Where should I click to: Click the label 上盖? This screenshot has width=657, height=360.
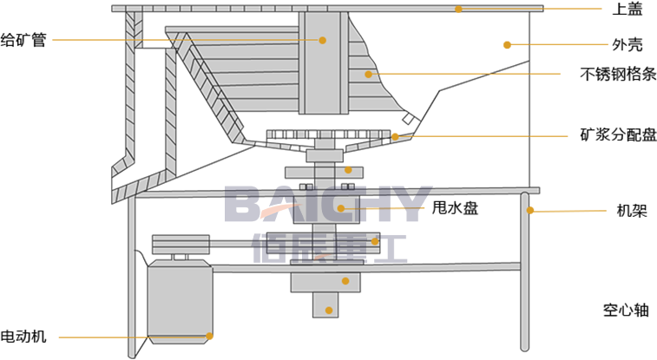[x=627, y=10]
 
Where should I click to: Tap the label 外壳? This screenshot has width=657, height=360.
[x=627, y=44]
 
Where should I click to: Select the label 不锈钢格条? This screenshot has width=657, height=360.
[x=618, y=74]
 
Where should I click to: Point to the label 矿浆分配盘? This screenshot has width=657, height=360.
[x=618, y=134]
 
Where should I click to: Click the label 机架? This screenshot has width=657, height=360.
[x=632, y=210]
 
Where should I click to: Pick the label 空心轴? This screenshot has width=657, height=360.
[x=626, y=311]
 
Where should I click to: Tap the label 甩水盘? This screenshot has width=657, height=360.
[x=455, y=207]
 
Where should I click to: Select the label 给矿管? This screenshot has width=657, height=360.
[x=23, y=40]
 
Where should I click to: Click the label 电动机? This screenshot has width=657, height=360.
[x=23, y=336]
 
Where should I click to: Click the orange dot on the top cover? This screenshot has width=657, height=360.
[x=459, y=10]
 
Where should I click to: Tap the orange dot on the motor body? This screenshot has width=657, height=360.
[x=209, y=336]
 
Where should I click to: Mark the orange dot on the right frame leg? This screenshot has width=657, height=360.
[x=530, y=210]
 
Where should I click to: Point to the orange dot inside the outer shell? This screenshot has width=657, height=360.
[x=507, y=45]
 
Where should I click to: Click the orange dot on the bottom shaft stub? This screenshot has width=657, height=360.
[x=329, y=311]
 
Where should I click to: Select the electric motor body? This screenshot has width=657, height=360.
[x=180, y=302]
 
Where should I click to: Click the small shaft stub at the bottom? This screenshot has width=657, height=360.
[x=325, y=304]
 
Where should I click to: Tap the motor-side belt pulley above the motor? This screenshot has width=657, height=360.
[x=181, y=245]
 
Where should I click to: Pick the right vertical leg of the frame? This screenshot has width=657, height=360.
[x=524, y=272]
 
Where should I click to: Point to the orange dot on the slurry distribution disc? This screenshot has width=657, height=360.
[x=395, y=136]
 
